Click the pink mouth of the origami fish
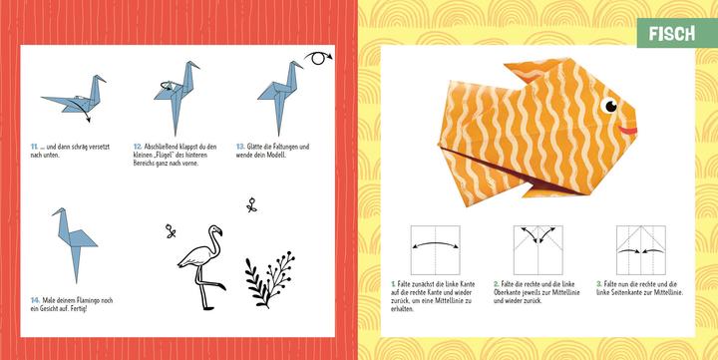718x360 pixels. (x=627, y=129)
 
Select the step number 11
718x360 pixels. (x=34, y=146)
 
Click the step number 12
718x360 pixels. (x=138, y=146)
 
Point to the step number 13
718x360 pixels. (x=240, y=146)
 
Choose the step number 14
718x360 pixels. (x=35, y=298)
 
